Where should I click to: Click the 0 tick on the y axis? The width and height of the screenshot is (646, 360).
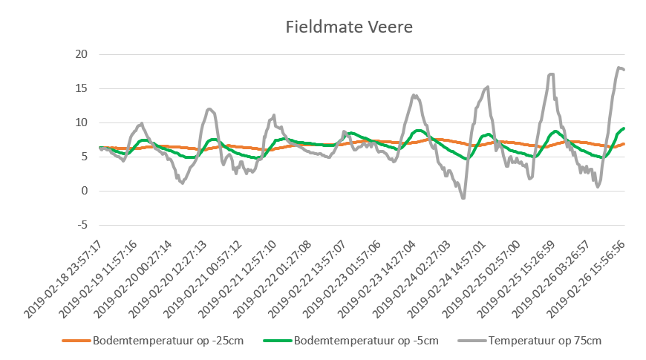tap(84, 191)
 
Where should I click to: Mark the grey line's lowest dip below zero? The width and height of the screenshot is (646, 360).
tap(463, 198)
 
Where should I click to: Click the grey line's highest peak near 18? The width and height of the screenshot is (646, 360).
tap(619, 68)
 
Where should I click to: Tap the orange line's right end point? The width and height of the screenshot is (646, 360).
tap(624, 143)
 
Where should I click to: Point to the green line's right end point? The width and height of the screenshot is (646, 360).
tap(624, 128)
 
